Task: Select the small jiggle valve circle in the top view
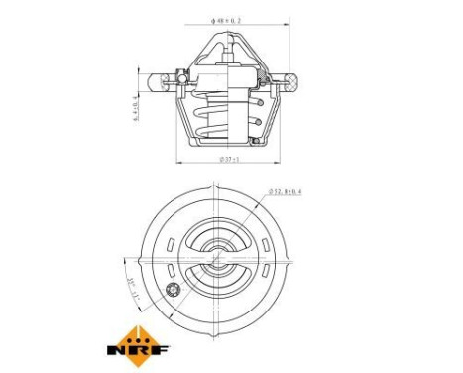[176, 290]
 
